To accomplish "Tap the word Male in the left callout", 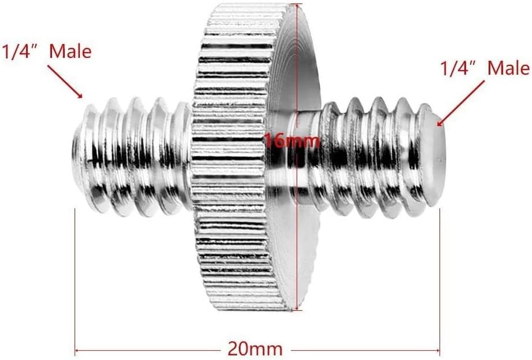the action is pos(70,51).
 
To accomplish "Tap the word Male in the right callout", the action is pos(508,68).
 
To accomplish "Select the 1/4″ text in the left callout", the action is pos(22,52).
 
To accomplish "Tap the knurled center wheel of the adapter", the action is pos(231,156).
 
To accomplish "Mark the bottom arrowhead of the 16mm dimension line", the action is pos(296,308).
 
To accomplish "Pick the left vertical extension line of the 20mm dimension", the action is pos(75,278).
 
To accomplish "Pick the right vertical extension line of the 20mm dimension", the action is pos(441,278).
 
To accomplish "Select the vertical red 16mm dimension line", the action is pos(296,232).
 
